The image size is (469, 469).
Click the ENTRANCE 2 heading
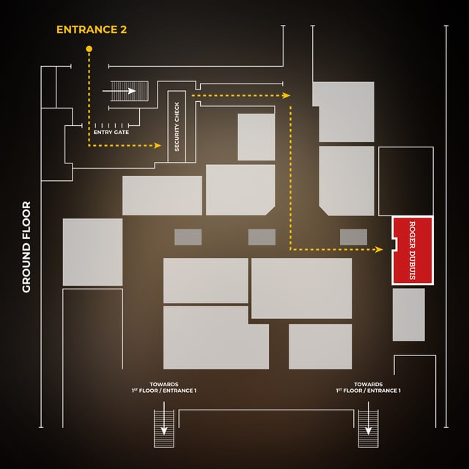90,30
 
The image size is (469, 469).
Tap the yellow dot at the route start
89,49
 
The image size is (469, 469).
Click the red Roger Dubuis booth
413,250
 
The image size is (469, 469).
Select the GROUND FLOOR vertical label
26,247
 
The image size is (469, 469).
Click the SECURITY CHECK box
177,127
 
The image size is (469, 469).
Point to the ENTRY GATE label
111,133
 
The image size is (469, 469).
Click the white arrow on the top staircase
130,91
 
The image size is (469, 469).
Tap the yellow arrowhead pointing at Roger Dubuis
380,250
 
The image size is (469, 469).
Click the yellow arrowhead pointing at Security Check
158,146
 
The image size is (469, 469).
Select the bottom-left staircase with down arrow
163,429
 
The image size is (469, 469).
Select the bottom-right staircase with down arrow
367,429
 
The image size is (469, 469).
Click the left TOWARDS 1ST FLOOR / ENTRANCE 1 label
163,388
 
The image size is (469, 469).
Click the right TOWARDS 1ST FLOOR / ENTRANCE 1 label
368,388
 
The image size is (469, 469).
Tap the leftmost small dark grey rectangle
188,237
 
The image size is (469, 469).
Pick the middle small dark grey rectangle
262,237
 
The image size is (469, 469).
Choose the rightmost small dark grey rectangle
353,237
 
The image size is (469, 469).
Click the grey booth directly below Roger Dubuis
408,314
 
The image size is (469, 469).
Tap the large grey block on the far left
92,252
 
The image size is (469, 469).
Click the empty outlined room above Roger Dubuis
405,181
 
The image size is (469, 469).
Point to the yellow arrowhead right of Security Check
287,95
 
